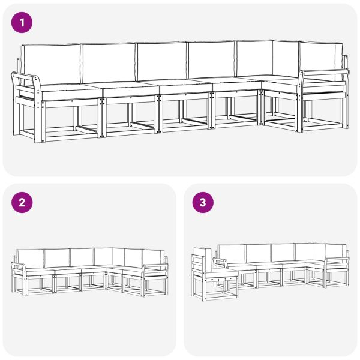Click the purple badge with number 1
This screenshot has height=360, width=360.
[x=22, y=23]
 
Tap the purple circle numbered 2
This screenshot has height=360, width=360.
[x=22, y=203]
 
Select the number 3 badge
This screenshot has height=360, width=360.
[x=203, y=203]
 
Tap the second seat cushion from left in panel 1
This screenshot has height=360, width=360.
[x=129, y=88]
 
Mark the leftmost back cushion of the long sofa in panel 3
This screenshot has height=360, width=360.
[x=231, y=253]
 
